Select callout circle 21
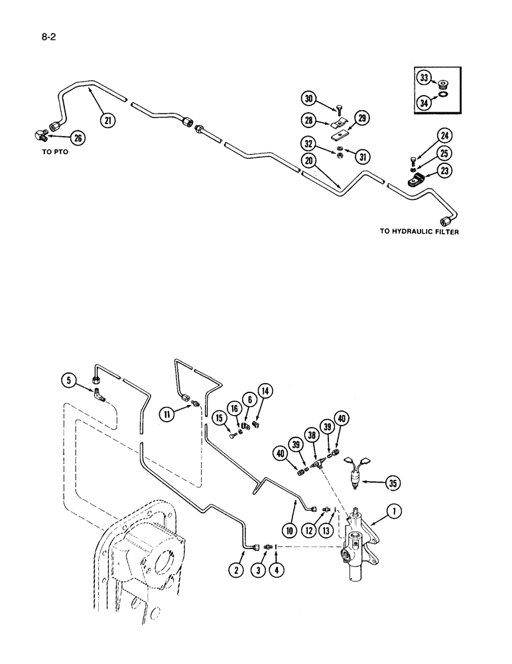(107, 120)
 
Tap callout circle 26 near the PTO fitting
(78, 138)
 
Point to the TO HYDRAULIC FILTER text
(419, 232)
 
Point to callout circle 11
(166, 415)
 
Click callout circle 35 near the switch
(393, 483)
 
